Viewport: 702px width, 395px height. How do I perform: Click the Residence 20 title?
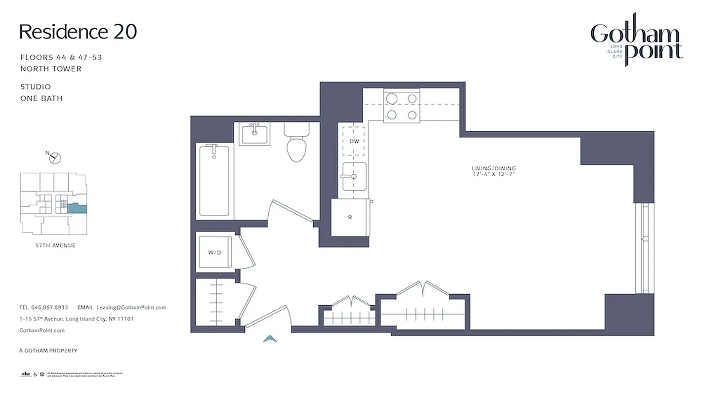78,32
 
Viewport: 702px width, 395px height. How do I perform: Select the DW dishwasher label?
354,141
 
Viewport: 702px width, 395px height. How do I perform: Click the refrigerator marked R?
350,217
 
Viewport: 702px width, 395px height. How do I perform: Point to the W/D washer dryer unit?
214,252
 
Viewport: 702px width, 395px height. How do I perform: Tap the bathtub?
214,180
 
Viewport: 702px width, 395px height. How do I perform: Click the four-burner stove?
401,106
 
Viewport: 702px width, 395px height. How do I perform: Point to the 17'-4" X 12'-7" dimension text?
494,175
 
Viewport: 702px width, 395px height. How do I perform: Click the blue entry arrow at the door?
269,338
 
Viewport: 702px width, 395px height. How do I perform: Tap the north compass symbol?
55,158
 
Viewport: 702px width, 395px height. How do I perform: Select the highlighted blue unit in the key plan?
77,209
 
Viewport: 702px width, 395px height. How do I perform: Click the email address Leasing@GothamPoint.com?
131,307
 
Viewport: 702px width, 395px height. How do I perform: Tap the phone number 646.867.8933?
50,307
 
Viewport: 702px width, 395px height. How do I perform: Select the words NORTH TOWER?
51,69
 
